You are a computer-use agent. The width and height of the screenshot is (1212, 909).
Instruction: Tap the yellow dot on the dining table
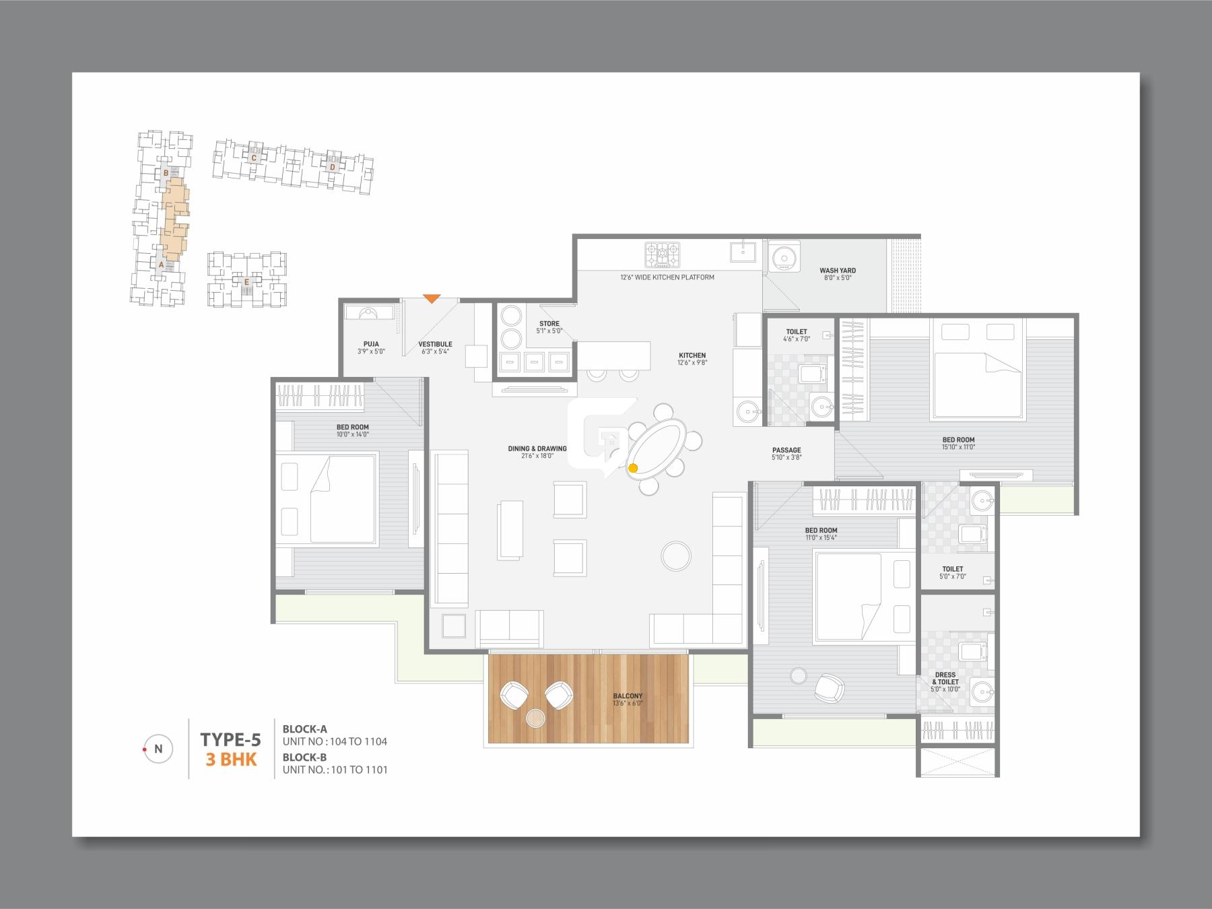coord(633,467)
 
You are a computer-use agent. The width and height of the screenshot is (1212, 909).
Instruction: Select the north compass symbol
coord(158,749)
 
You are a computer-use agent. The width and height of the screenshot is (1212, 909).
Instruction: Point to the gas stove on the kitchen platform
coord(663,255)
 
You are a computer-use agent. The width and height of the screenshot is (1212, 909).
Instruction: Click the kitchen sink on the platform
coord(743,253)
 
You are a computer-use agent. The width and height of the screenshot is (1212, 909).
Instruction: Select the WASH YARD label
coord(838,271)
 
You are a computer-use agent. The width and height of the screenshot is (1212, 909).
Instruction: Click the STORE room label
coord(549,324)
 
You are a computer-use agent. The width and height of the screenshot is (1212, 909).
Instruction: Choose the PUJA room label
coord(370,344)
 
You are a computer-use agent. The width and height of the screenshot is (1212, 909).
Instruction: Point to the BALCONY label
coord(628,696)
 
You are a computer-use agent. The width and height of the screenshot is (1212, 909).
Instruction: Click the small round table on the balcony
coord(536,718)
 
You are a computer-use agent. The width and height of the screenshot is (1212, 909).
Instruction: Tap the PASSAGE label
coord(786,450)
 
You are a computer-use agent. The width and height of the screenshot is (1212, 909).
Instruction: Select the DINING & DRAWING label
coord(537,448)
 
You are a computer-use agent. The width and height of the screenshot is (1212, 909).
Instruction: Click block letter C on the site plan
coord(254,158)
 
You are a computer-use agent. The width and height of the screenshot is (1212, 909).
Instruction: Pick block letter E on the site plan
coord(246,283)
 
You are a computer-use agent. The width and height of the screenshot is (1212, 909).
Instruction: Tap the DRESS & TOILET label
coord(945,678)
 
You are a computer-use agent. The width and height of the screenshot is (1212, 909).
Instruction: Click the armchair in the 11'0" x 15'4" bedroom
coord(828,687)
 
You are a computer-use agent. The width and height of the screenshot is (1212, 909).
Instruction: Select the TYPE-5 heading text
coord(230,740)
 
